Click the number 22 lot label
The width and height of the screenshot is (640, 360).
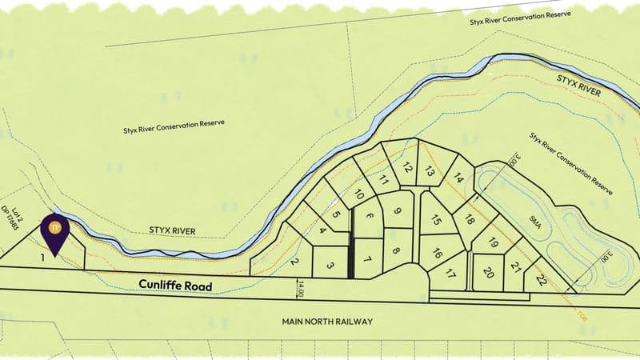point(542,280)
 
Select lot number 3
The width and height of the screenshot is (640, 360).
point(330,266)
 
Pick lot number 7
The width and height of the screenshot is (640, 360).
point(368,260)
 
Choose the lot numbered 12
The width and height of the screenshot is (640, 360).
point(407,167)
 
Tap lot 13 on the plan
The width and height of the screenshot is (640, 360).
point(430,171)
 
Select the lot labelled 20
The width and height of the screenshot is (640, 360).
point(489,272)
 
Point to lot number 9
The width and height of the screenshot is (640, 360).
point(397,212)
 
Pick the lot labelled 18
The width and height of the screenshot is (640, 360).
point(470,220)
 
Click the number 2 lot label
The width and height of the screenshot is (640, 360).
point(294,262)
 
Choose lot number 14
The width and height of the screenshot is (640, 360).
point(458,180)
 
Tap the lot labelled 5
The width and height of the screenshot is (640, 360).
point(336,214)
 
